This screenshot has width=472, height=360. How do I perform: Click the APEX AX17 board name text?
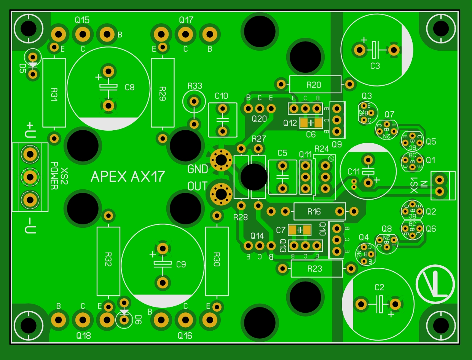(x=128, y=176)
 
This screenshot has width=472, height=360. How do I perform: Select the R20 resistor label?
(x=314, y=85)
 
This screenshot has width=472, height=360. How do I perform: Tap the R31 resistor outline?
(x=54, y=93)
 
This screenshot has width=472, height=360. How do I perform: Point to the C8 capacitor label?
(x=129, y=87)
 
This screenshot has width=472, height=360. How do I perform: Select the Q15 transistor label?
(x=82, y=20)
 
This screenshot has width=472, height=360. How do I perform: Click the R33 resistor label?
(x=195, y=86)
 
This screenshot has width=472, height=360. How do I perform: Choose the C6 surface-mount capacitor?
(x=311, y=123)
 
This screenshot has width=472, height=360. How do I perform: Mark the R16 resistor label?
(x=315, y=211)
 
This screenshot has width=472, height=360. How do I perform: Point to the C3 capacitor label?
(x=375, y=66)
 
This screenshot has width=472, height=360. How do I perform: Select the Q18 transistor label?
(x=84, y=336)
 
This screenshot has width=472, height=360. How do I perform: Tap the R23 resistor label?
(x=314, y=269)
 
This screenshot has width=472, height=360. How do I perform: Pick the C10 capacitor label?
(x=221, y=96)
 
